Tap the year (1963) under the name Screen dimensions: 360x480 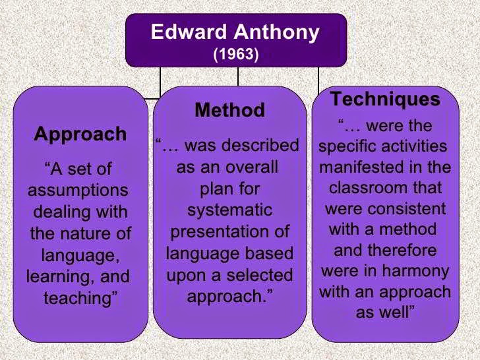tap(235, 54)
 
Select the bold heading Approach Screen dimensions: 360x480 tap(80, 135)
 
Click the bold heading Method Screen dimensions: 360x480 tap(229, 110)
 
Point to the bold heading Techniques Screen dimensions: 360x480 tap(385, 100)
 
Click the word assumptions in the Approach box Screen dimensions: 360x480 tap(78, 191)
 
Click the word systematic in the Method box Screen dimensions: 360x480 tap(229, 210)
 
